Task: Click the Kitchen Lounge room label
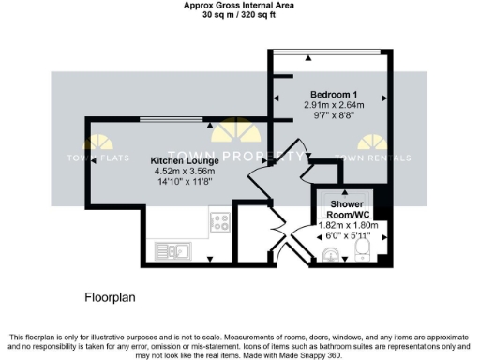coord(184,160)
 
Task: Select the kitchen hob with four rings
coord(221,223)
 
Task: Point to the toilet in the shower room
coord(367,249)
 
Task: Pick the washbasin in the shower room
coord(331,254)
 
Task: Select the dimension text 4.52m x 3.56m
coord(184,171)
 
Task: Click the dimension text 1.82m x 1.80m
coord(347,226)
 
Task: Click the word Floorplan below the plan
coord(111,297)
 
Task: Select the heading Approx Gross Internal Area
coord(240,6)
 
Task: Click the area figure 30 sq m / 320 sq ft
coord(240,15)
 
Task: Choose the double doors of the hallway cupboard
coord(277,235)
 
